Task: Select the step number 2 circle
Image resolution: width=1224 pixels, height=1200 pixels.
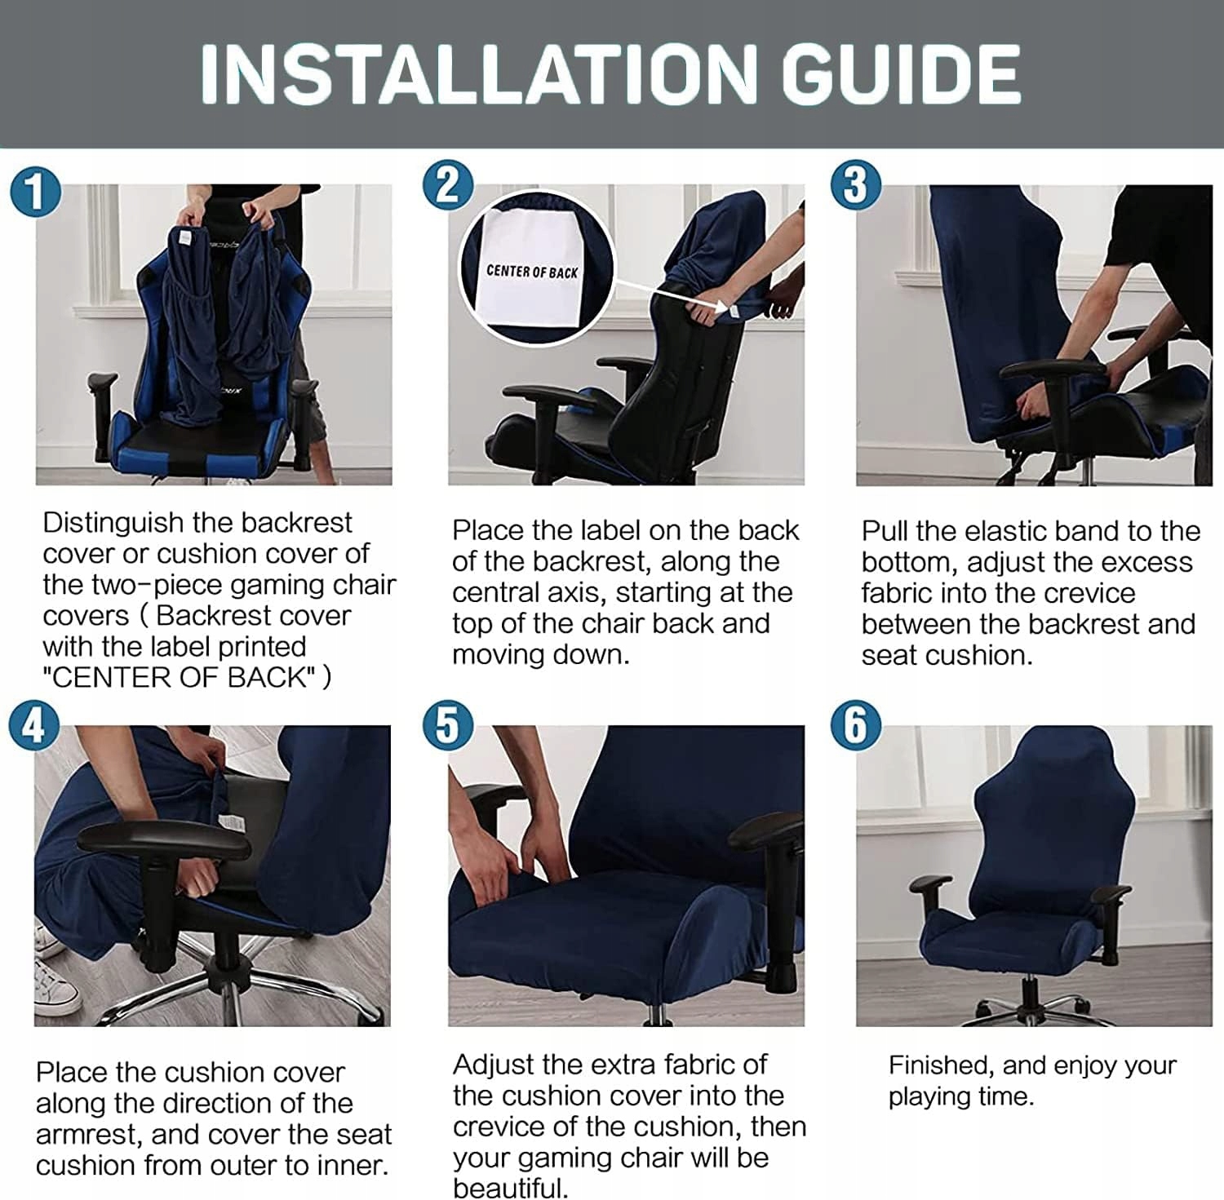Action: coord(448,185)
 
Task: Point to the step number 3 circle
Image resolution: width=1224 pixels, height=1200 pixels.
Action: coord(855,185)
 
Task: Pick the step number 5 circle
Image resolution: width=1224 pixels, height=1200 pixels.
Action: coord(448,724)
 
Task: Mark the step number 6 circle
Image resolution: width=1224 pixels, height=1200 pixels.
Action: coord(855,724)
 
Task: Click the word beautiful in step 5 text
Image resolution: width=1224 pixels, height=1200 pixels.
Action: coord(509,1188)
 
